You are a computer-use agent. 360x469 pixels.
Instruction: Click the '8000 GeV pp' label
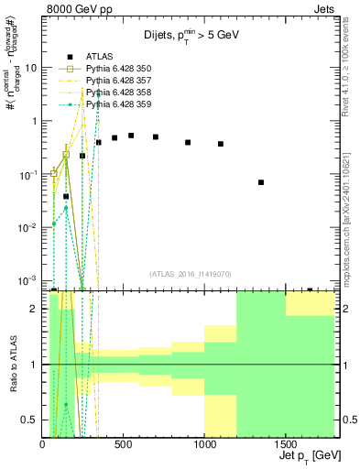(x=75, y=10)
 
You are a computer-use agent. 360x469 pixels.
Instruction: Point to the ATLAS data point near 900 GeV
(x=188, y=142)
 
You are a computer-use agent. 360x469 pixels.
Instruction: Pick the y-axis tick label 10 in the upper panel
(x=30, y=68)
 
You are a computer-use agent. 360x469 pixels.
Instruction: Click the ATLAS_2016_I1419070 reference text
(x=191, y=274)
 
